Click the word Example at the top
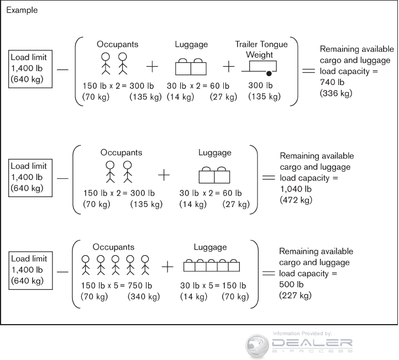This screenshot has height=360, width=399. point(22,10)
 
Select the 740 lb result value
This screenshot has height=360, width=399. point(332,82)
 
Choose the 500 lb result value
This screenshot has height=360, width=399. point(291,284)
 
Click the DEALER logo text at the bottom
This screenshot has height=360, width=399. point(312,344)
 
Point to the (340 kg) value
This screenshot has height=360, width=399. point(144,296)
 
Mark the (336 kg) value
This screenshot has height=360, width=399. point(334,93)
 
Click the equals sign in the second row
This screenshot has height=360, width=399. point(268,178)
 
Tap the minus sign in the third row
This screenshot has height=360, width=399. point(62,271)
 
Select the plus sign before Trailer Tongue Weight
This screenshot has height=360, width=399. point(229,67)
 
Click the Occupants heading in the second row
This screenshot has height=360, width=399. point(121,152)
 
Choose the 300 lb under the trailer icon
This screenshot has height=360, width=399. point(261,85)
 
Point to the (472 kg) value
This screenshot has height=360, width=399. point(296,200)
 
